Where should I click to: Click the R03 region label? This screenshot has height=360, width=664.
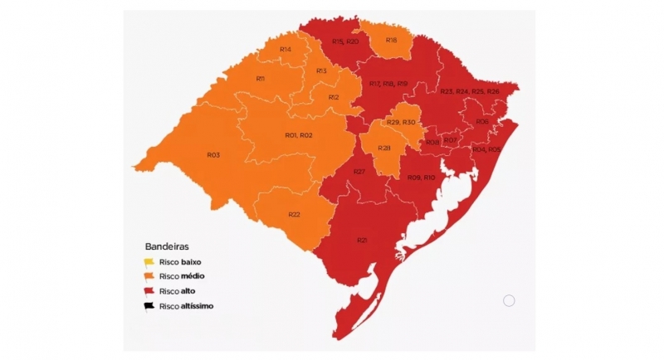(x=213, y=155)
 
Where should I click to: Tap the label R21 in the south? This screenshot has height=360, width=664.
(x=362, y=241)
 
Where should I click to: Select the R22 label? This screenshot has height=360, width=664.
(x=294, y=215)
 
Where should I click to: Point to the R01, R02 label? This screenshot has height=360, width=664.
(x=299, y=135)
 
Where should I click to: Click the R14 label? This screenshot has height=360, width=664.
(x=285, y=50)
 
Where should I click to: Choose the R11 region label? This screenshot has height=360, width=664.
(x=260, y=79)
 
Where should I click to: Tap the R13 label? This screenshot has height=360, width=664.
(x=321, y=71)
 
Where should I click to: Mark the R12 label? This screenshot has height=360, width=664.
(x=333, y=97)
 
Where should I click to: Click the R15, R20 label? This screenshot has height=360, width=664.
(x=344, y=41)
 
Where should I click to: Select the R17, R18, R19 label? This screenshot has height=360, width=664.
(x=388, y=84)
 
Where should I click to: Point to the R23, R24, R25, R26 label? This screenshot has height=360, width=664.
(x=470, y=90)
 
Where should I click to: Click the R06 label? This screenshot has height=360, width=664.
(x=482, y=122)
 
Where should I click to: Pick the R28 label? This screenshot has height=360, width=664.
(x=384, y=148)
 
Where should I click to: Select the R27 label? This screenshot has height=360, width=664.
(x=359, y=171)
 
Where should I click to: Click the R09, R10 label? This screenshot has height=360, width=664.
(x=422, y=178)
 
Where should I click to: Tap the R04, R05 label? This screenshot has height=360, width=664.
(x=486, y=149)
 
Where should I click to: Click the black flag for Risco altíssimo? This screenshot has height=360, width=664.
(x=150, y=305)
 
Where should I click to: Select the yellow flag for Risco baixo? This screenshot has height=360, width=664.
(x=150, y=262)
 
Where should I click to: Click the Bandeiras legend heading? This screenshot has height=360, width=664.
(x=167, y=246)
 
